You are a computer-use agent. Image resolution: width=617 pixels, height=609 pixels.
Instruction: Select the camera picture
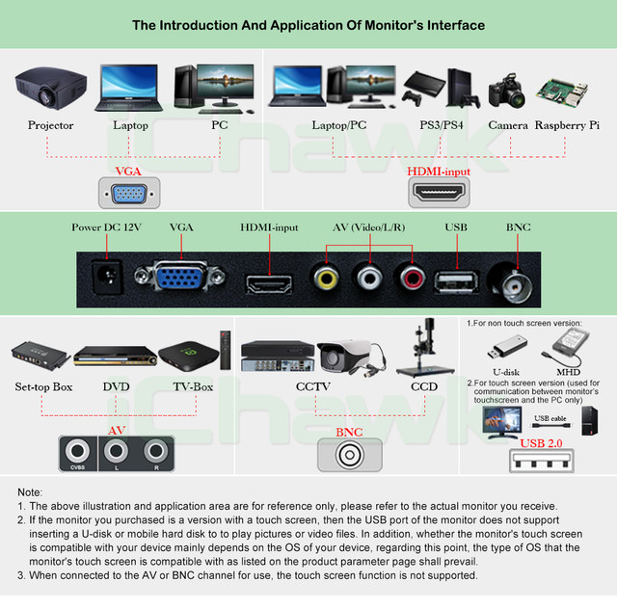508,93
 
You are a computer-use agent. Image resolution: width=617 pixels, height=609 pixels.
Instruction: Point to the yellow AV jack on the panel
325,278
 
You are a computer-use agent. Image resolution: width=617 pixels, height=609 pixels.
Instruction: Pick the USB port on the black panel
454,281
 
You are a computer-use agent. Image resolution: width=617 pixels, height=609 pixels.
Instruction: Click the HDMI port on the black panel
270,283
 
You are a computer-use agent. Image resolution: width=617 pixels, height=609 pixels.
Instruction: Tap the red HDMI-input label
439,171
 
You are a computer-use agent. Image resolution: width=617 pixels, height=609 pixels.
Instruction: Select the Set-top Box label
43,387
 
